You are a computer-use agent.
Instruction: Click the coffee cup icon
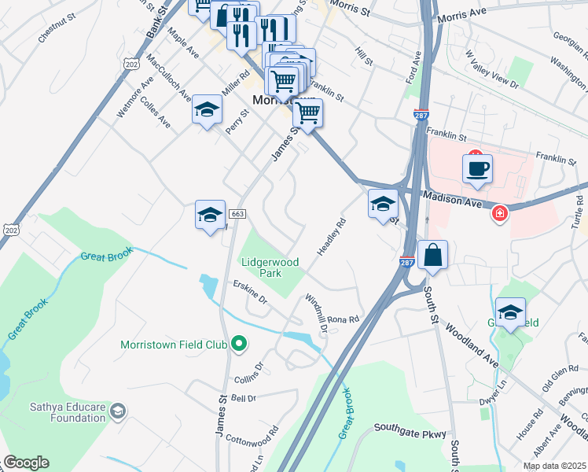477,168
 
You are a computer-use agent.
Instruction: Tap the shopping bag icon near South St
432,255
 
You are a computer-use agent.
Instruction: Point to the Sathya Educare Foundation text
68,412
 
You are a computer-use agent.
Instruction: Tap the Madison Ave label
453,201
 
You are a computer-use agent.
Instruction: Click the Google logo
26,463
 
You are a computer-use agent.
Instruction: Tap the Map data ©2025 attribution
554,466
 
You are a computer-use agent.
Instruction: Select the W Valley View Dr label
491,68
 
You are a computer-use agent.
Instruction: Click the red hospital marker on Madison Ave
499,213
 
